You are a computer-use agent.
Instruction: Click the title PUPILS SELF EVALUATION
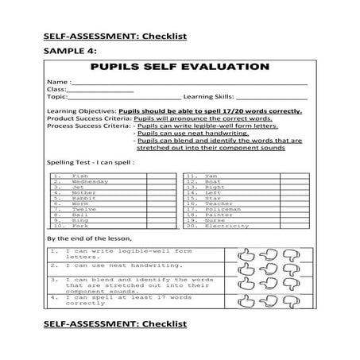(180, 66)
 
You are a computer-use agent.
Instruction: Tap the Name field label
(58, 82)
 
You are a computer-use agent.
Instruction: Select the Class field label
(57, 90)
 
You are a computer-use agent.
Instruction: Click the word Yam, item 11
(210, 176)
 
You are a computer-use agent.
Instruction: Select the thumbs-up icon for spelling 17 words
(246, 303)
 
